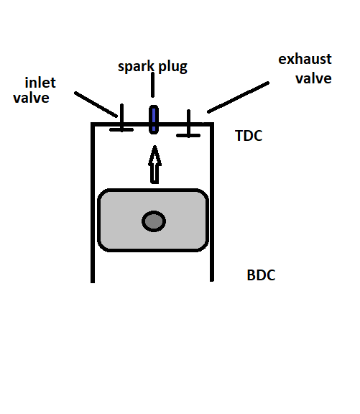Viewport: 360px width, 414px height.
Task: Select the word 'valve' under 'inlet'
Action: click(x=32, y=98)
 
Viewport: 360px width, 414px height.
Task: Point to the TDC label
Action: click(x=249, y=136)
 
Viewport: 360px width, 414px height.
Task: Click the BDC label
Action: click(x=261, y=275)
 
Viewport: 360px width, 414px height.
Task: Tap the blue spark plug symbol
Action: click(x=152, y=119)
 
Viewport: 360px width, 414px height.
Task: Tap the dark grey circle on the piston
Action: click(x=153, y=221)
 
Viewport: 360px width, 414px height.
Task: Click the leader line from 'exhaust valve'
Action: click(x=238, y=98)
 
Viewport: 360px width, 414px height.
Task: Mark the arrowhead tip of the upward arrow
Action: click(x=153, y=149)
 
